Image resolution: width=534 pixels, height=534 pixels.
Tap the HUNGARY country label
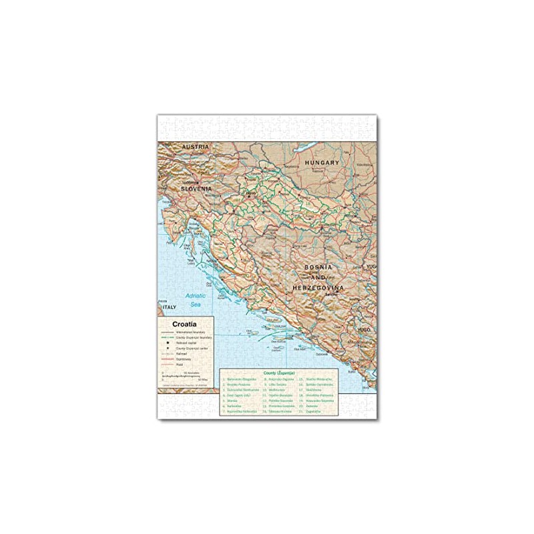coord(322,162)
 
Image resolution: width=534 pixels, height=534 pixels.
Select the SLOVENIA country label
coord(196,189)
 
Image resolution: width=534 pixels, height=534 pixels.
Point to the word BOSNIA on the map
coord(318,267)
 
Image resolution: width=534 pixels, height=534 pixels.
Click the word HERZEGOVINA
coord(318,288)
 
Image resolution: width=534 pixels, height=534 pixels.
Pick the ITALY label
coord(170,307)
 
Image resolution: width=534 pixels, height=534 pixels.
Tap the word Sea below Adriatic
coord(196,304)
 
